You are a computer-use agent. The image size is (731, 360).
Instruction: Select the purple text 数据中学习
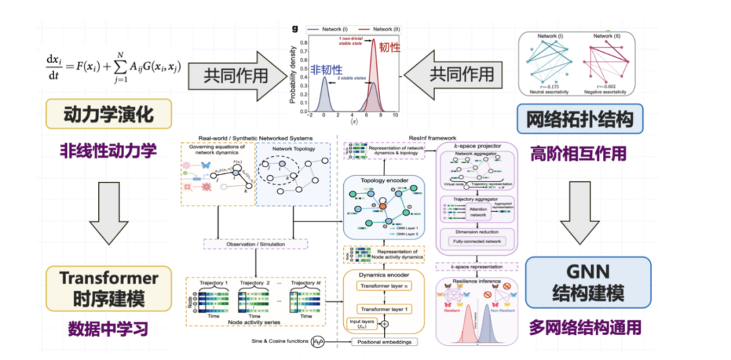[108, 330]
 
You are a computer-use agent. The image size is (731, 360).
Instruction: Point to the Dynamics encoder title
[383, 276]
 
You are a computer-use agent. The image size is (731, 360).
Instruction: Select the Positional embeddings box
[384, 342]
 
